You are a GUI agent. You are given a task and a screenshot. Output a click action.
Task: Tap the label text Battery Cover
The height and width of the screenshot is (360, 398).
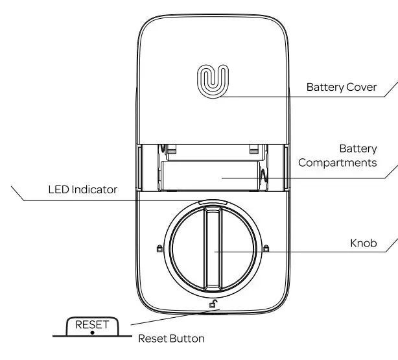[341, 87]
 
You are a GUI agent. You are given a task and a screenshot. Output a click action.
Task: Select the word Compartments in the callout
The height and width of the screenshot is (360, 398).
[337, 162]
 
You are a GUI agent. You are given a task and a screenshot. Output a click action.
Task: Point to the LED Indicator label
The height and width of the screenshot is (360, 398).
[82, 190]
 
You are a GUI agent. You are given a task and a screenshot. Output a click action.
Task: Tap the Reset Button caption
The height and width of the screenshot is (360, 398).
[172, 339]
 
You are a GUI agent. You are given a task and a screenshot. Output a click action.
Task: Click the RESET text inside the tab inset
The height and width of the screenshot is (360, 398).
[93, 324]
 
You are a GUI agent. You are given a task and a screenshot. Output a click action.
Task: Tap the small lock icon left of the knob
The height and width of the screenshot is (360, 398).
[159, 248]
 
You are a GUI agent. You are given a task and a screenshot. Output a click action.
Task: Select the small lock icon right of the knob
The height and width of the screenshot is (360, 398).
[266, 248]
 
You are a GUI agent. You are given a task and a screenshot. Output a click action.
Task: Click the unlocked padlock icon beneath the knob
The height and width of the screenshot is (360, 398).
[213, 303]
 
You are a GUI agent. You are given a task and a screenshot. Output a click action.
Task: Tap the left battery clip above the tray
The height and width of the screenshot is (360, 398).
[172, 150]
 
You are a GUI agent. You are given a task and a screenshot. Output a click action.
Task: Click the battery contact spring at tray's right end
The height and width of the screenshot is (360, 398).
[264, 176]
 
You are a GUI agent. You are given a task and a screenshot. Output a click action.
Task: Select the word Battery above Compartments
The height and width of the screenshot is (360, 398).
[357, 148]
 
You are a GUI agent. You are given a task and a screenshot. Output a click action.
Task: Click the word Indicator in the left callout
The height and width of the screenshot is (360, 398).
[94, 190]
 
